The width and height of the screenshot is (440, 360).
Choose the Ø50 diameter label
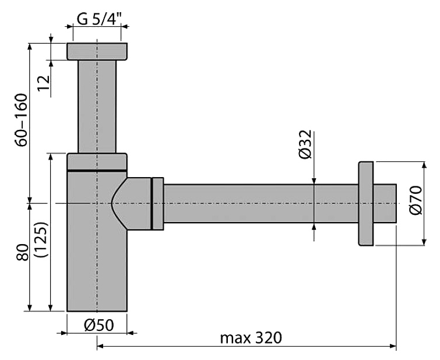(97, 325)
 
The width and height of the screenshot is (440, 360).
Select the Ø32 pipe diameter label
(305, 144)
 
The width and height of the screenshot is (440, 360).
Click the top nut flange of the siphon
(97, 51)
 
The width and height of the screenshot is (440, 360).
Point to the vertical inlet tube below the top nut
(97, 105)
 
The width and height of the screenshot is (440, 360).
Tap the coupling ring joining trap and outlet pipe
(157, 203)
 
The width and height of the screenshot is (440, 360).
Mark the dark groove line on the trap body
(97, 171)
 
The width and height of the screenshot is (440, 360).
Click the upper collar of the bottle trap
(97, 161)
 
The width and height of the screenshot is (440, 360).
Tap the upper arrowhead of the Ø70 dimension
(423, 165)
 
